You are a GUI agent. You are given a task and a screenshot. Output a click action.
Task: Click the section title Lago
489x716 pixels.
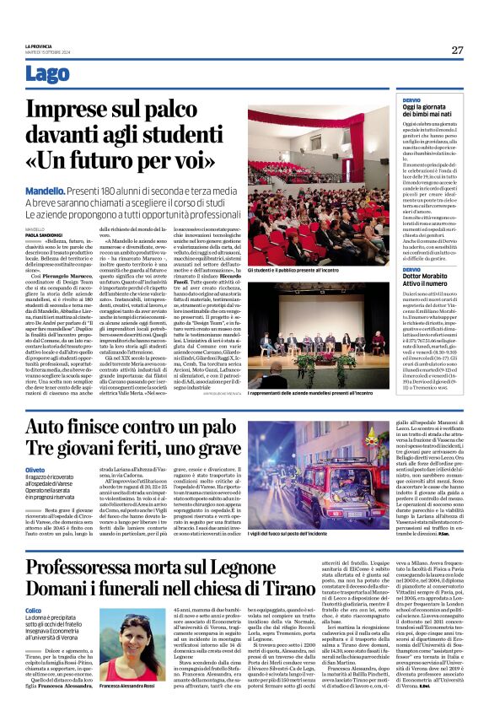click(48, 75)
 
